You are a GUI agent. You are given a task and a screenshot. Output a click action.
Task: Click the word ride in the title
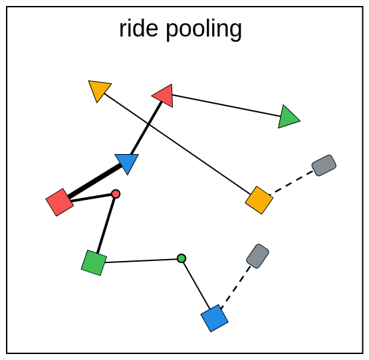[138, 29]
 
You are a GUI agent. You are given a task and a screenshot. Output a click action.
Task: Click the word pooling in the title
[204, 31]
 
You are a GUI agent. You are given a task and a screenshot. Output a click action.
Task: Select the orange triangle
[99, 90]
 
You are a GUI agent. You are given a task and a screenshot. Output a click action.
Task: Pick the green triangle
[287, 118]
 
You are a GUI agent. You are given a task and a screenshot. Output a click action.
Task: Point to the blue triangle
[126, 163]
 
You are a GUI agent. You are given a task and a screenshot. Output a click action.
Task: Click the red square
[60, 202]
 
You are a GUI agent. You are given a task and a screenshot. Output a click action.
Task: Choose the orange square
[259, 201]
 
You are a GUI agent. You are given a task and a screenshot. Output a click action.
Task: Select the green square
[94, 262]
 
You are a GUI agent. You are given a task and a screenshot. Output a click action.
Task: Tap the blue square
[214, 318]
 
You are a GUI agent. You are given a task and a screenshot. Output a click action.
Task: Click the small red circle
[116, 194]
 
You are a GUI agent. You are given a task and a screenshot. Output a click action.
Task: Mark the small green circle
[182, 258]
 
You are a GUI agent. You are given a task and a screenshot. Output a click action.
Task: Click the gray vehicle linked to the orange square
[324, 165]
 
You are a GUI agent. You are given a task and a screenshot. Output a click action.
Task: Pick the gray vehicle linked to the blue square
[257, 256]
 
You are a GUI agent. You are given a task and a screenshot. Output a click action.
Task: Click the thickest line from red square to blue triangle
[94, 181]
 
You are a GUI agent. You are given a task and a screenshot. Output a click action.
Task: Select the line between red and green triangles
[227, 106]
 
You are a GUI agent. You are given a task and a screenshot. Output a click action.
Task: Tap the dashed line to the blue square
[235, 287]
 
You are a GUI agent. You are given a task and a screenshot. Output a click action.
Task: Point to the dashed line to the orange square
[291, 183]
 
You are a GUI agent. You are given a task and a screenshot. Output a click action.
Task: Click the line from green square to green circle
[141, 260]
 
